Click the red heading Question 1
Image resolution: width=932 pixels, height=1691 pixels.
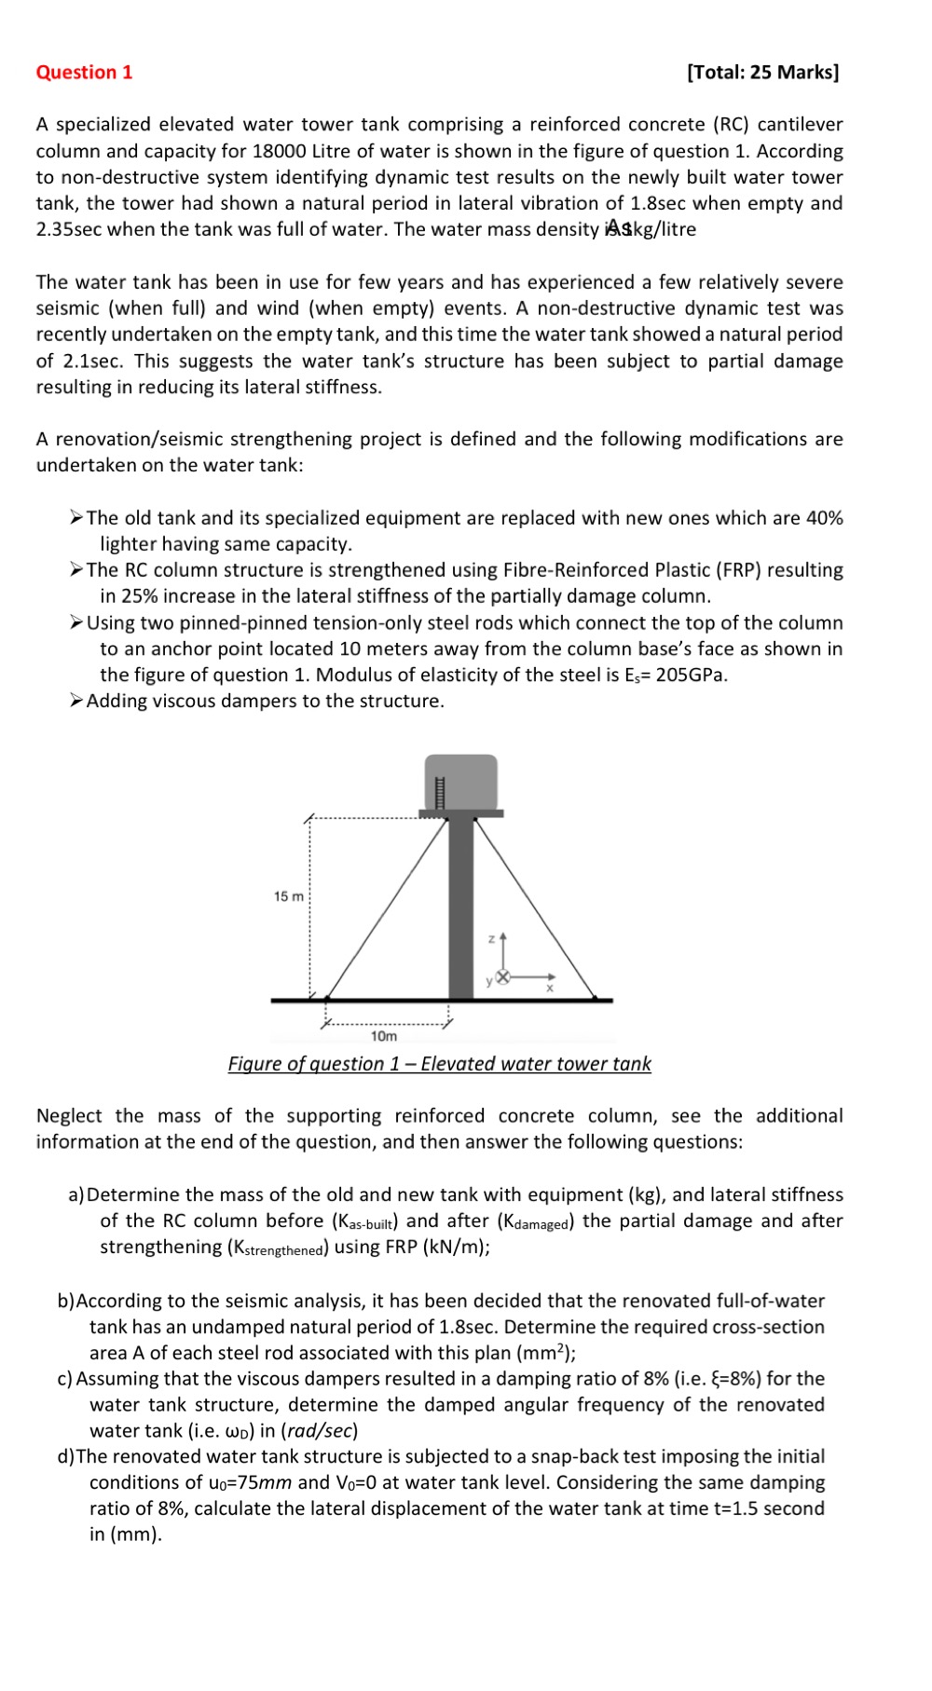pyautogui.click(x=84, y=73)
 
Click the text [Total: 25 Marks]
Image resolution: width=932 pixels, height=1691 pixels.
pyautogui.click(x=762, y=73)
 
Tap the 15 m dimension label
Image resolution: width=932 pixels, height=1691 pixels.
pyautogui.click(x=288, y=896)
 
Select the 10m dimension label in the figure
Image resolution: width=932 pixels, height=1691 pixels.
pyautogui.click(x=383, y=1036)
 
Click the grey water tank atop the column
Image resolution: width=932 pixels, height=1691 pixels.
pyautogui.click(x=461, y=783)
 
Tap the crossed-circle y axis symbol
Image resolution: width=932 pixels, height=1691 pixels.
pyautogui.click(x=503, y=976)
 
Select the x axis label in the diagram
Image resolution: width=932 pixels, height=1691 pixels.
pyautogui.click(x=550, y=988)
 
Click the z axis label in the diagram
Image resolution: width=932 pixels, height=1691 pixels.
pyautogui.click(x=492, y=938)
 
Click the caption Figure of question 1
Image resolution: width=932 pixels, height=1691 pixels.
pyautogui.click(x=439, y=1064)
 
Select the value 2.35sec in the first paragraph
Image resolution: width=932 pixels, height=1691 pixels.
pyautogui.click(x=68, y=229)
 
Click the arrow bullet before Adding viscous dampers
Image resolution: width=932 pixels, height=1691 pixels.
pyautogui.click(x=76, y=701)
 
